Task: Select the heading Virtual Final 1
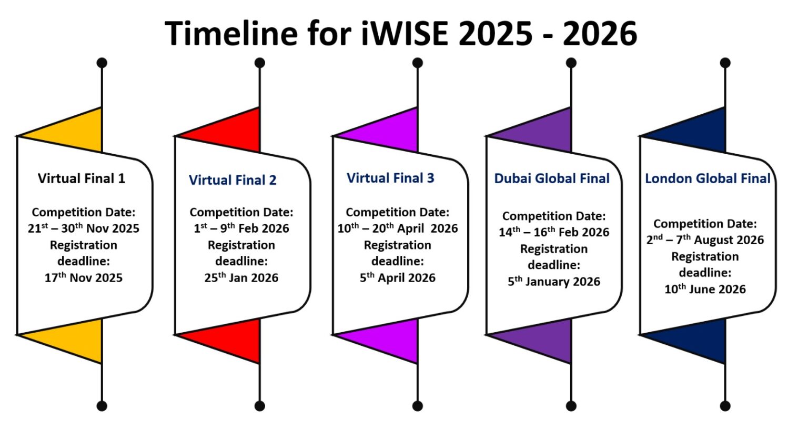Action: [82, 178]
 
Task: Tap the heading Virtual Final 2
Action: [233, 180]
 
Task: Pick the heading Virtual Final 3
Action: [390, 178]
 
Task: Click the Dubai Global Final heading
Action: [552, 178]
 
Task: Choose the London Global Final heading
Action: [708, 178]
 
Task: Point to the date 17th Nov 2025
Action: [84, 277]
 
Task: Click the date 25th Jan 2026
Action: [241, 277]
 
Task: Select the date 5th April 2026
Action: [398, 277]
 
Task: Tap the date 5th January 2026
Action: [554, 282]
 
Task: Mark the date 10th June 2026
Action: [705, 289]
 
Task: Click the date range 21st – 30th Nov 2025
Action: [84, 228]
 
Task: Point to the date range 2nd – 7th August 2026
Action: [705, 240]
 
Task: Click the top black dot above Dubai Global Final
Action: [571, 63]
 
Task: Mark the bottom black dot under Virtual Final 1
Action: [102, 406]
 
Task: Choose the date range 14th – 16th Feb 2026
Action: [554, 232]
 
